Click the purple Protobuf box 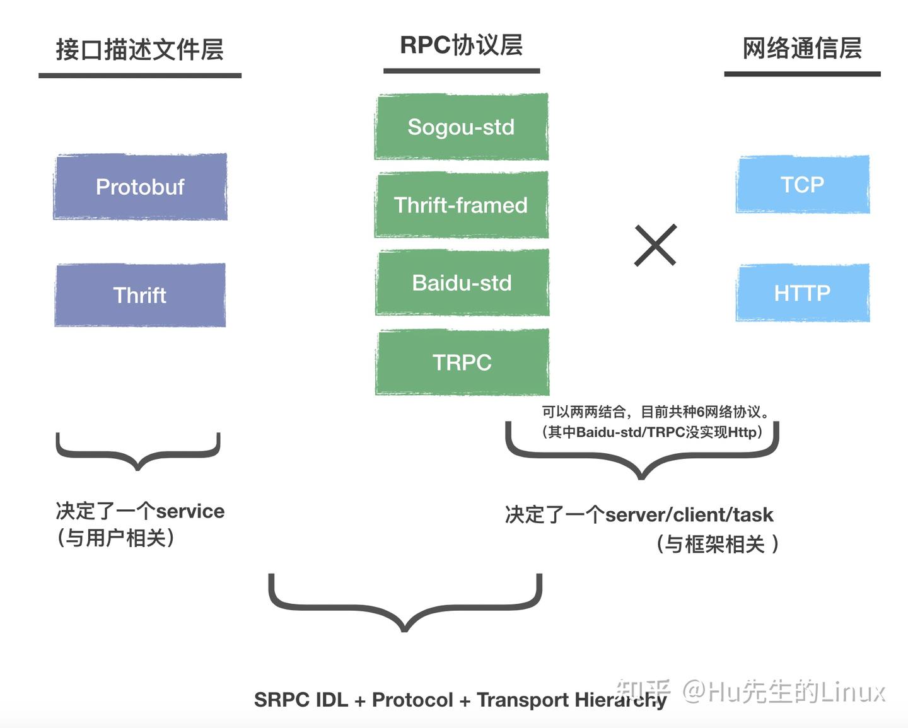140,187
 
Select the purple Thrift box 140,295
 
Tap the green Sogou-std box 461,127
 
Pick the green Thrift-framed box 461,205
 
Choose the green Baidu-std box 462,283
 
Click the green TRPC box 462,362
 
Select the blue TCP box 802,184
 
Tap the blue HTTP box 802,293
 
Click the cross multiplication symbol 655,245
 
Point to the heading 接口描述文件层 139,49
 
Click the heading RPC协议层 461,45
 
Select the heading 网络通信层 801,48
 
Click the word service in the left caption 190,511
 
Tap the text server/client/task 689,515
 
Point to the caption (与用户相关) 115,538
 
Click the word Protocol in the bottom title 412,700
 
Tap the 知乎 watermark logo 643,691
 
